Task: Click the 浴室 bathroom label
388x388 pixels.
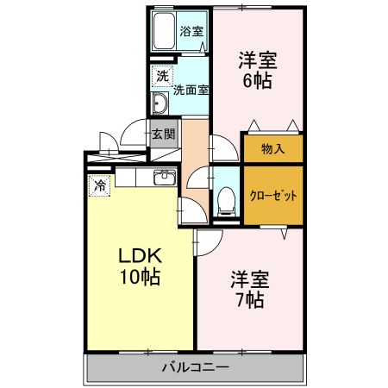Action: (x=191, y=31)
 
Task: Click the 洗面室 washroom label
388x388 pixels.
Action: (x=191, y=88)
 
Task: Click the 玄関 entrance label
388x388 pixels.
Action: (x=163, y=135)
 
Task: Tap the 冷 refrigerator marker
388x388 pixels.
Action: (x=100, y=185)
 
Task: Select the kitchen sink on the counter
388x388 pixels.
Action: (x=164, y=178)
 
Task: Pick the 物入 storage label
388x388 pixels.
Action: (x=272, y=149)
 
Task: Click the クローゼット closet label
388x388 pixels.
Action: (x=273, y=195)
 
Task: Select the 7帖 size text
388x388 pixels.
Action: (x=250, y=301)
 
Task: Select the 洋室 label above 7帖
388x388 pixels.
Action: (x=250, y=279)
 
